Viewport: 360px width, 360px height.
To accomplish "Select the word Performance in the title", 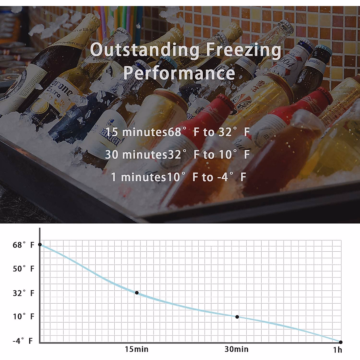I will [x=179, y=73].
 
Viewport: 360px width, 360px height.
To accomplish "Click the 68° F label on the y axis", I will [x=23, y=245].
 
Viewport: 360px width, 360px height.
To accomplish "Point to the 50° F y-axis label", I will [x=23, y=269].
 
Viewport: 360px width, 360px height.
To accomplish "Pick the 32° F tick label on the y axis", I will [x=23, y=293].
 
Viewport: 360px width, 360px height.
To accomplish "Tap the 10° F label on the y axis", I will [x=23, y=316].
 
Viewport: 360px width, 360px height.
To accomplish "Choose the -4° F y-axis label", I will [x=22, y=341].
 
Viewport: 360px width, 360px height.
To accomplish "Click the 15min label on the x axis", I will [x=136, y=349].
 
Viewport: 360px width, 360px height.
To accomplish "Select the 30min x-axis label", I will [x=236, y=349].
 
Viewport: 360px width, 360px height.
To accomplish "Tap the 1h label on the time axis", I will [x=337, y=350].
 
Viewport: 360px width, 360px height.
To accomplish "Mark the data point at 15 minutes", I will [x=137, y=293].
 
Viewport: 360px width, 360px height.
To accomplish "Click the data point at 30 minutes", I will [x=237, y=317].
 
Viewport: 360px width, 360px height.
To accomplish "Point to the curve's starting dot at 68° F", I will [x=40, y=245].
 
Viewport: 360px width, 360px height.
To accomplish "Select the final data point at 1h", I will [x=340, y=342].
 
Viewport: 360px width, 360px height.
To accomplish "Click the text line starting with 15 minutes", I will [x=178, y=132].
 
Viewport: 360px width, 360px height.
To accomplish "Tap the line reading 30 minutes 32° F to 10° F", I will [x=178, y=154].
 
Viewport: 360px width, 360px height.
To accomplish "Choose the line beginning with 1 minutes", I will [x=178, y=177].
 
